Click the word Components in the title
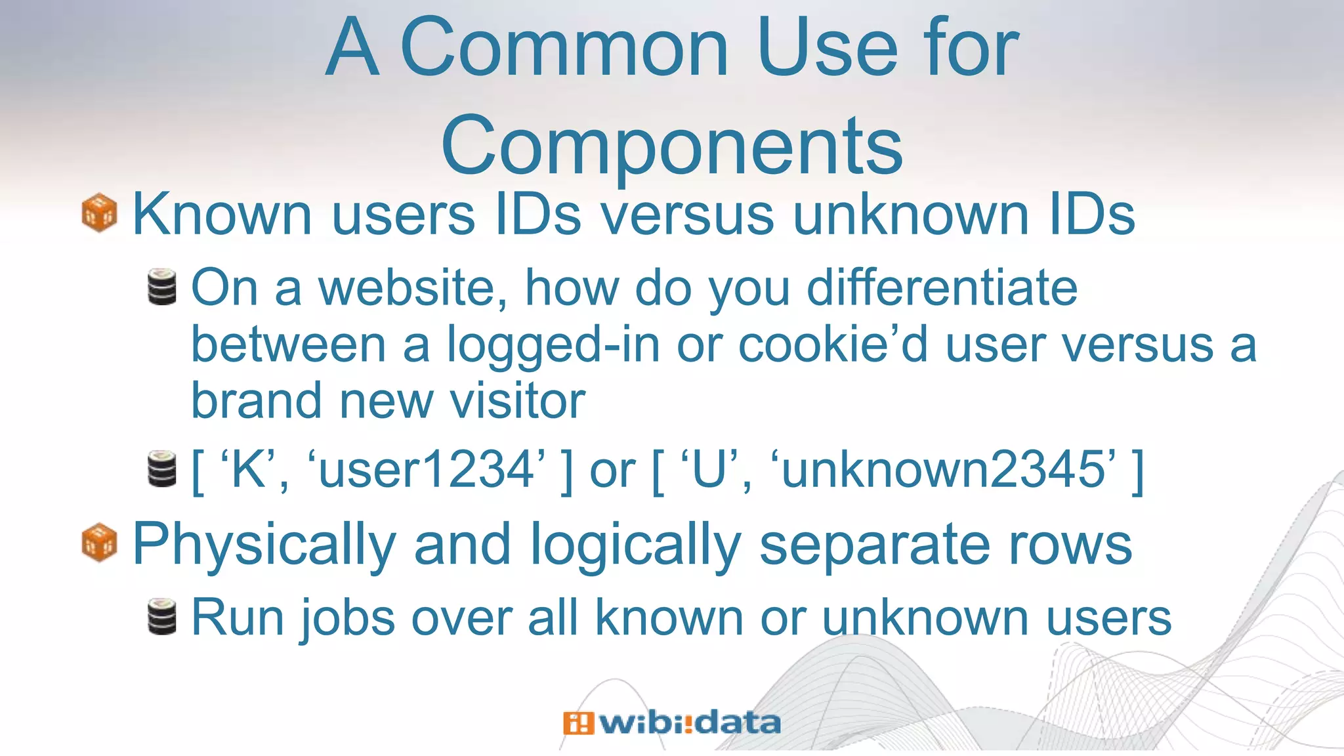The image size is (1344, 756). (x=672, y=146)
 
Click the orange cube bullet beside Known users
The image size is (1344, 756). (x=99, y=213)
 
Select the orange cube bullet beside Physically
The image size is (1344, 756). (x=99, y=543)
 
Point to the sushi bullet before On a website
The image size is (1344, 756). (x=162, y=287)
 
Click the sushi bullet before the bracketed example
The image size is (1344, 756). (x=162, y=469)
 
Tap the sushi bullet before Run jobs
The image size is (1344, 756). (x=162, y=617)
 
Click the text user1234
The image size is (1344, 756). (x=427, y=469)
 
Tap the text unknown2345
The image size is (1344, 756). (x=945, y=469)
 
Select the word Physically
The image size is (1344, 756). (x=264, y=545)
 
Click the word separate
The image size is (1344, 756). (x=873, y=545)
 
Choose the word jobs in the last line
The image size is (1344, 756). (x=347, y=618)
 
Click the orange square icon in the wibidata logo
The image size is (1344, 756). (x=577, y=723)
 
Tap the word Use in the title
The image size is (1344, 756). (x=828, y=47)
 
